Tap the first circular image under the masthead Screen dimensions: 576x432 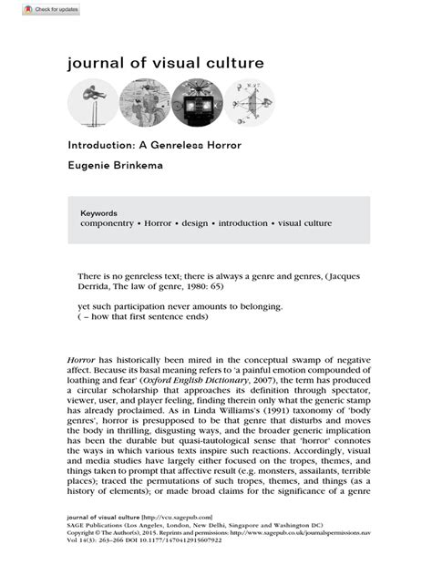point(93,103)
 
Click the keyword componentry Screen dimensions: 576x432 point(112,223)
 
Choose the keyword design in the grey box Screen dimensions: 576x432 point(203,223)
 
